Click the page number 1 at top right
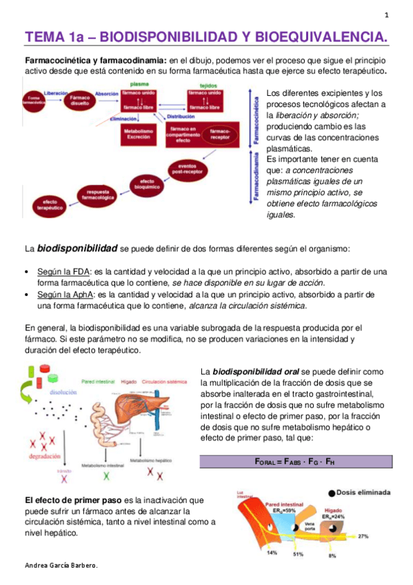[x=386, y=15]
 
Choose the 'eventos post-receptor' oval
[x=187, y=168]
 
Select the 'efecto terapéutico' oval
[x=46, y=204]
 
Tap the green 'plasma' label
[x=140, y=83]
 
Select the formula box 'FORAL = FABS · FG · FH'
[x=296, y=462]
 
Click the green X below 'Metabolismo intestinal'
[x=105, y=476]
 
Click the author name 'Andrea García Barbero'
[x=61, y=566]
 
